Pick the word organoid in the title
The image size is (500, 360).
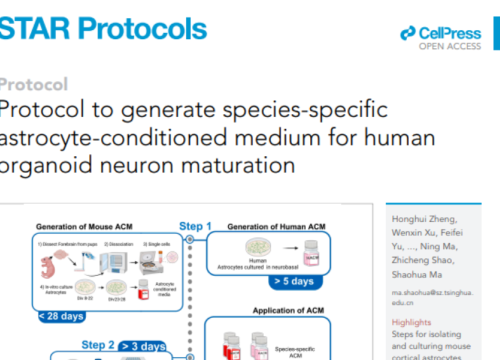(47, 160)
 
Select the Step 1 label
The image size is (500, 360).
(196, 224)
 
